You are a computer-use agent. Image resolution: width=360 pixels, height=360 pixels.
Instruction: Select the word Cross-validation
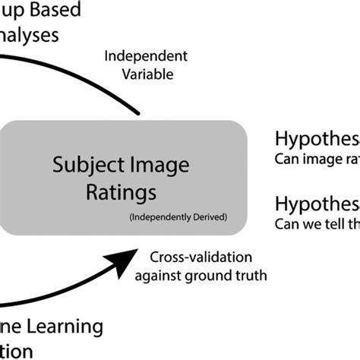click(x=201, y=257)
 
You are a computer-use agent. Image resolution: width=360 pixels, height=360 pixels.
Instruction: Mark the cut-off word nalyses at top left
click(x=33, y=36)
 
